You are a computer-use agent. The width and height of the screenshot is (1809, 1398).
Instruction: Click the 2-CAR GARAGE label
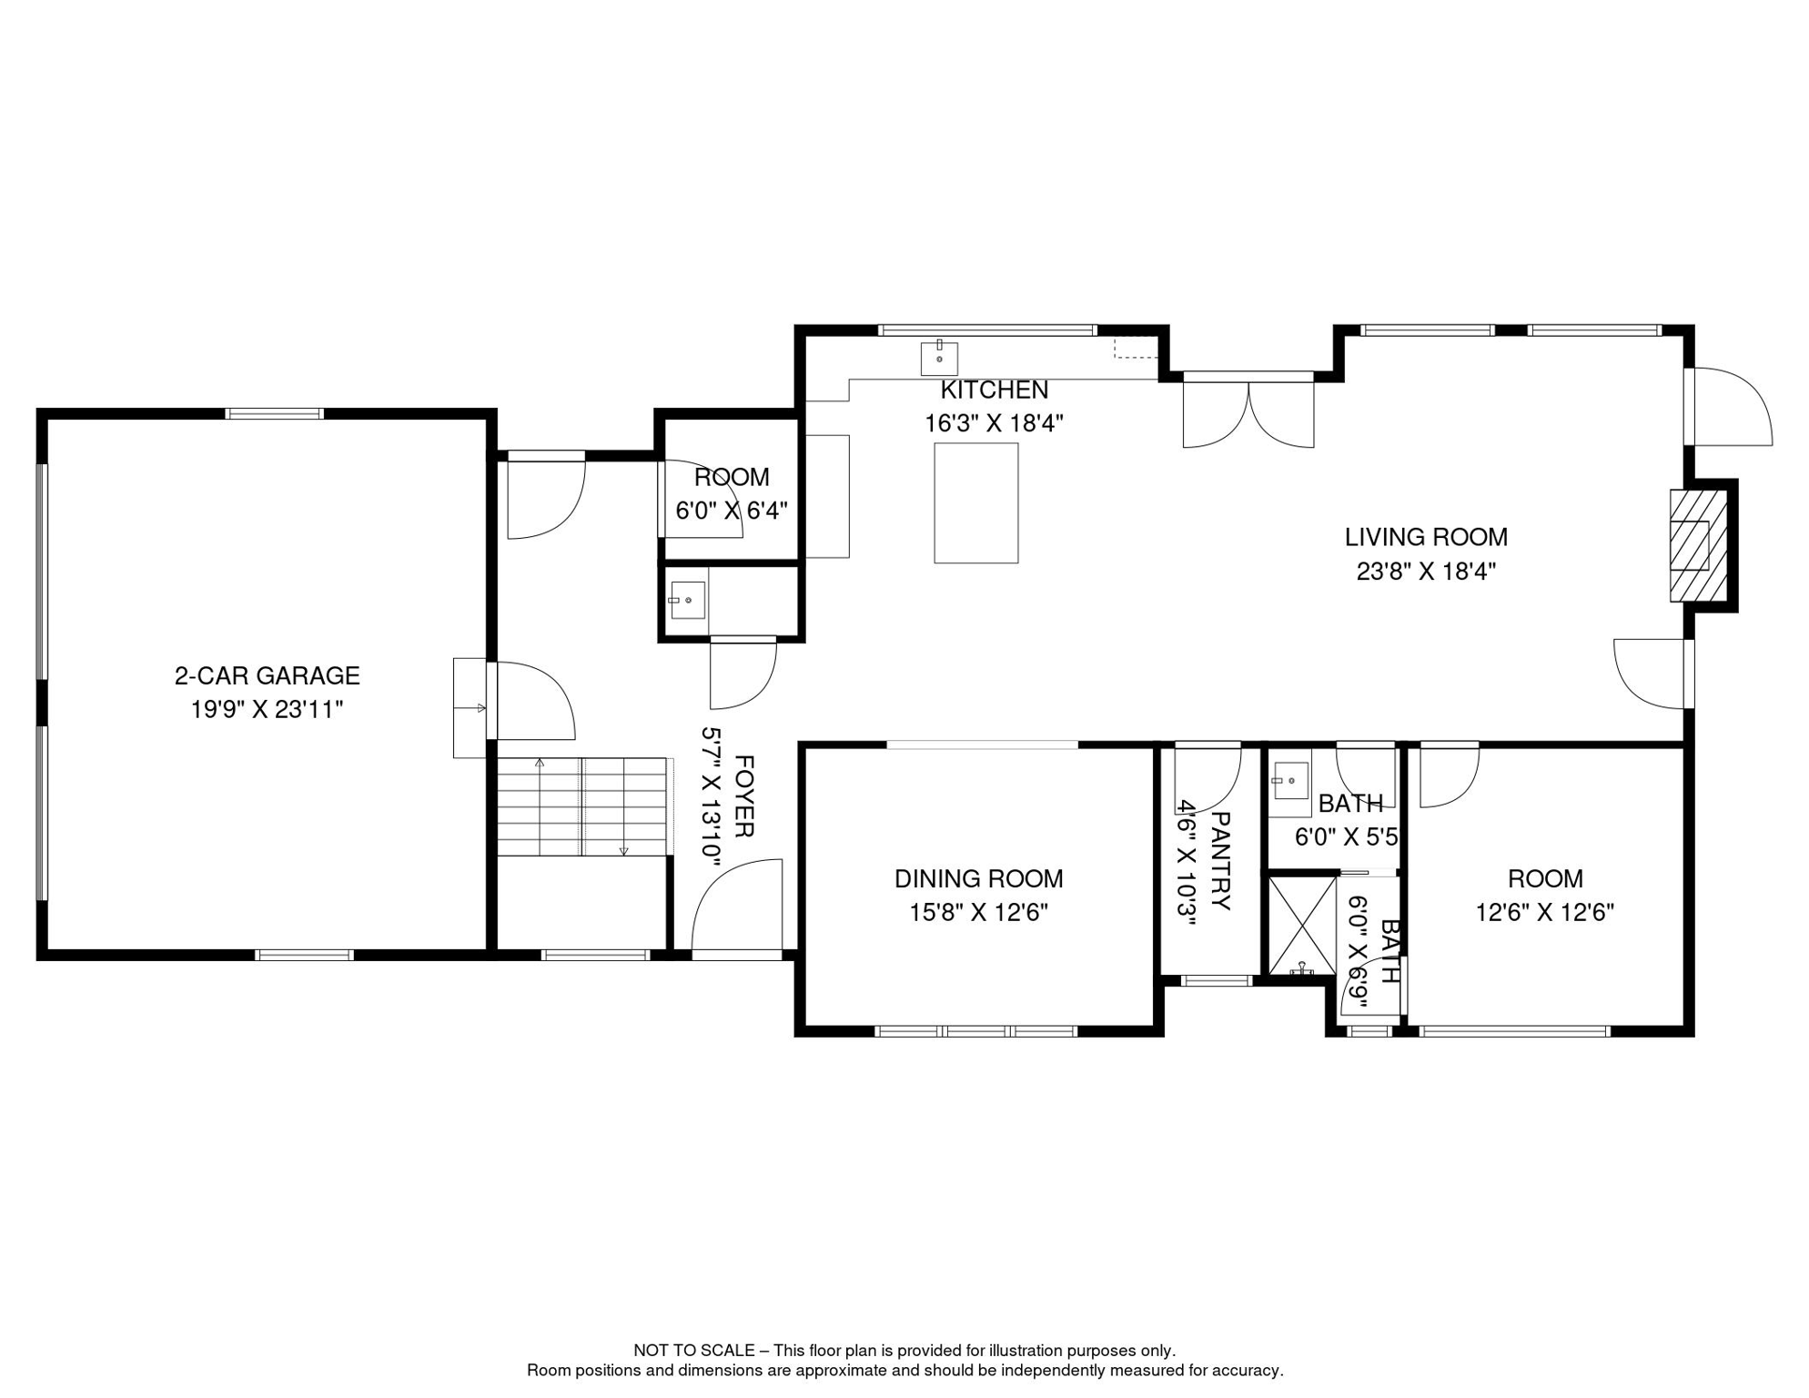click(268, 676)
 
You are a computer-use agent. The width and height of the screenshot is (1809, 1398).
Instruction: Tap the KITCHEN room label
click(995, 390)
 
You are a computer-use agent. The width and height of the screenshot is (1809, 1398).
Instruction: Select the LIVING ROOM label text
click(1427, 538)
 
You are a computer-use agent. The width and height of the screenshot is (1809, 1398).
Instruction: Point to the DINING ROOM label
click(979, 879)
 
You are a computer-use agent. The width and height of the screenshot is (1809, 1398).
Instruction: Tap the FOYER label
click(743, 795)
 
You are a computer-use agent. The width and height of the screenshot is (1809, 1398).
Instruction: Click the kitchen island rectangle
click(976, 503)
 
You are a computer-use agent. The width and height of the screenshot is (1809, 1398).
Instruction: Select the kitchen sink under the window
click(939, 359)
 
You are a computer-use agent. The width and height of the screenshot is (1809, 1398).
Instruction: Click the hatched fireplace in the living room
click(1698, 546)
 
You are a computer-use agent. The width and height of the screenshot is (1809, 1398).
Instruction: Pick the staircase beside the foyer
click(583, 806)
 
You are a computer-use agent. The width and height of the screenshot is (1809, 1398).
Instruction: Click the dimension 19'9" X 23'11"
click(268, 710)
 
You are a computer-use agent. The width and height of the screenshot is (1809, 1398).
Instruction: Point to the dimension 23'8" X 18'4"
click(1427, 572)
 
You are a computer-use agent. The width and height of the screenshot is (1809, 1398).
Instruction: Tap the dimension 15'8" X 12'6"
click(979, 913)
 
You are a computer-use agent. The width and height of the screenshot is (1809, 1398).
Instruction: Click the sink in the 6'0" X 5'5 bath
click(1290, 781)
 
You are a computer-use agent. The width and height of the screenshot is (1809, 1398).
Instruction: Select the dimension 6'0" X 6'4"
click(732, 511)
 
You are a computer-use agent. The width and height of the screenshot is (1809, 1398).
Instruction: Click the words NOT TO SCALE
click(694, 1351)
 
